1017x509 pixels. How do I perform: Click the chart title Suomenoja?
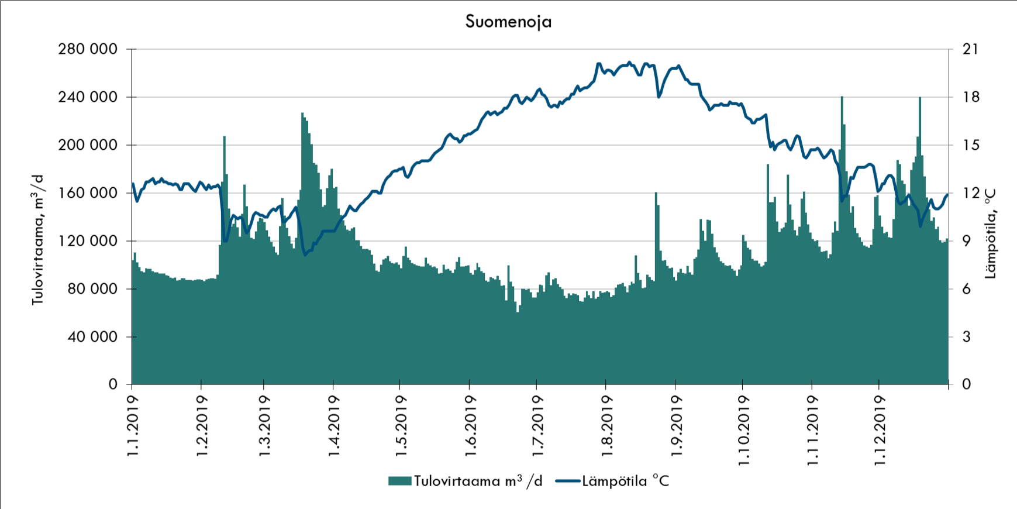point(508,22)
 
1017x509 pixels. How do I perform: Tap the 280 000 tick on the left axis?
point(88,49)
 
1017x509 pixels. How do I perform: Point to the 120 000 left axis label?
point(88,241)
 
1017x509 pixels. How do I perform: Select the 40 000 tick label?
point(92,337)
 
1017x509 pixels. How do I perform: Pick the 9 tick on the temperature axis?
point(967,241)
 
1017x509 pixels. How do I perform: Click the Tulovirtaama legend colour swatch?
point(399,482)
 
